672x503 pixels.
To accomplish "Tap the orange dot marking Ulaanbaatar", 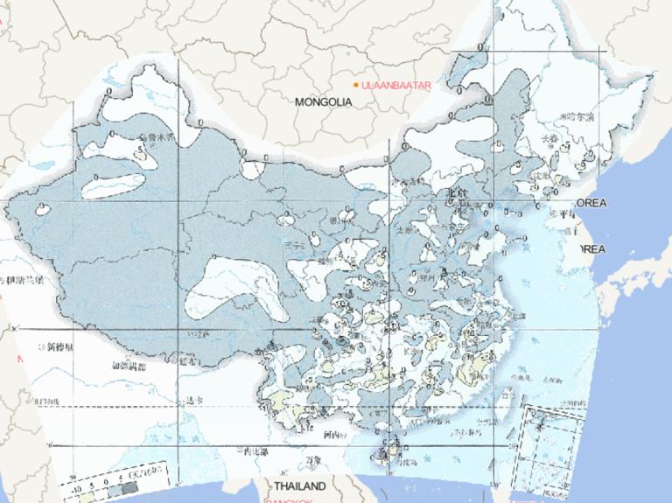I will pos(356,84).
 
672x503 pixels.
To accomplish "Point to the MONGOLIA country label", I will pos(323,101).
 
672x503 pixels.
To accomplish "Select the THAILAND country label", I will pos(299,486).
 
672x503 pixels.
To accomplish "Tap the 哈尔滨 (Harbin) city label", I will pos(579,115).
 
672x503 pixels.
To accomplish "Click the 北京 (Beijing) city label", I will pos(458,192).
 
